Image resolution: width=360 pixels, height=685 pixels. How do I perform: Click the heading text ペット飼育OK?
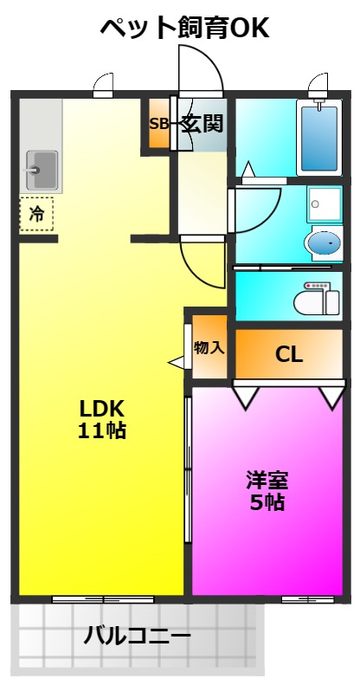[x=184, y=29]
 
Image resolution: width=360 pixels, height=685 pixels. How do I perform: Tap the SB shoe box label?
[x=159, y=124]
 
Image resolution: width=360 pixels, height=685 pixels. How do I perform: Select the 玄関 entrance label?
[x=202, y=123]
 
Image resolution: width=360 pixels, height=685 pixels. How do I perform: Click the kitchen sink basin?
[x=42, y=170]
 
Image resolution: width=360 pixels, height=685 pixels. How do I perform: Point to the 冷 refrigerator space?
[x=36, y=214]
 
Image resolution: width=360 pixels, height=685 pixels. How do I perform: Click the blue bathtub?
[x=319, y=138]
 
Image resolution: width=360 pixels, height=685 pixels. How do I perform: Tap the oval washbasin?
[x=324, y=242]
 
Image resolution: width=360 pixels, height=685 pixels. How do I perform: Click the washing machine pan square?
[x=325, y=204]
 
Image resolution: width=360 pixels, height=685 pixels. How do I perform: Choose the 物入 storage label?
[x=209, y=348]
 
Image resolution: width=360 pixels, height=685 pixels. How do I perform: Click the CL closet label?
[x=288, y=354]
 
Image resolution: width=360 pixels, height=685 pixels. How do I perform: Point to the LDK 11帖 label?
[x=102, y=419]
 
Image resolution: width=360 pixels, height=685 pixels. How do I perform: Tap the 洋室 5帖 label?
[x=267, y=491]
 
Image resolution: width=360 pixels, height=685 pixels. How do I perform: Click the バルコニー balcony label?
[x=137, y=635]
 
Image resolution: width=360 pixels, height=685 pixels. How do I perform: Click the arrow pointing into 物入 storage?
[x=177, y=362]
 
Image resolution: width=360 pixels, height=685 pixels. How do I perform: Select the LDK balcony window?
[x=103, y=599]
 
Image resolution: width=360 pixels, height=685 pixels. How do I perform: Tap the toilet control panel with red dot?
[x=318, y=286]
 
